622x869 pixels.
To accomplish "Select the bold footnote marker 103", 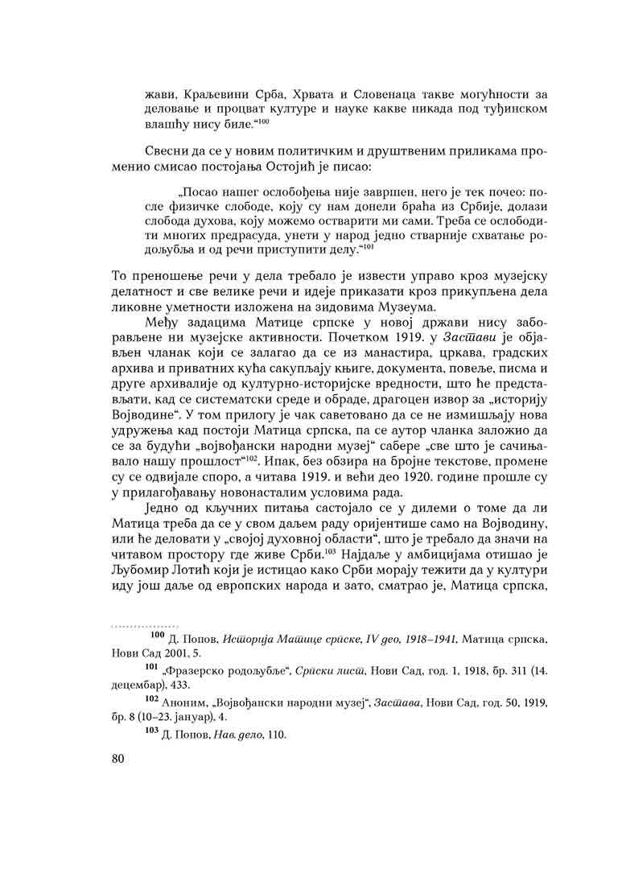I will (157, 733).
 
